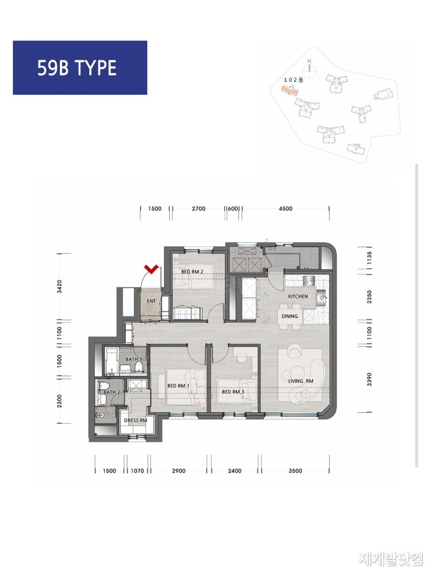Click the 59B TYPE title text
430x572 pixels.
[x=77, y=68]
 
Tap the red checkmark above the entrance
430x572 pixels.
[x=151, y=269]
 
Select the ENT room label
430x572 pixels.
[x=151, y=301]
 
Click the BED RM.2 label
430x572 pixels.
[x=192, y=272]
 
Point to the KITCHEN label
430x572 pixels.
[x=298, y=296]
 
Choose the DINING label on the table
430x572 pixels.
[x=290, y=316]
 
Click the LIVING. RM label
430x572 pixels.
[x=301, y=381]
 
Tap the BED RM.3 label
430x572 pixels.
[x=233, y=392]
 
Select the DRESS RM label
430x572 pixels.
[x=136, y=421]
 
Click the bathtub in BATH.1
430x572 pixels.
[x=112, y=361]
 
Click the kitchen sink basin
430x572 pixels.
[x=321, y=297]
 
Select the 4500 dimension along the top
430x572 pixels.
[x=285, y=209]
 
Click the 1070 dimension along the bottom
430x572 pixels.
[x=137, y=471]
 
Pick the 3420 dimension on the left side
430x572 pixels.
[x=60, y=286]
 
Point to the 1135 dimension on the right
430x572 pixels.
[x=369, y=258]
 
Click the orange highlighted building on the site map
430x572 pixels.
[x=290, y=90]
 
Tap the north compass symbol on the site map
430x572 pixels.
[x=310, y=69]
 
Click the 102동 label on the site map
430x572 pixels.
[x=294, y=80]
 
